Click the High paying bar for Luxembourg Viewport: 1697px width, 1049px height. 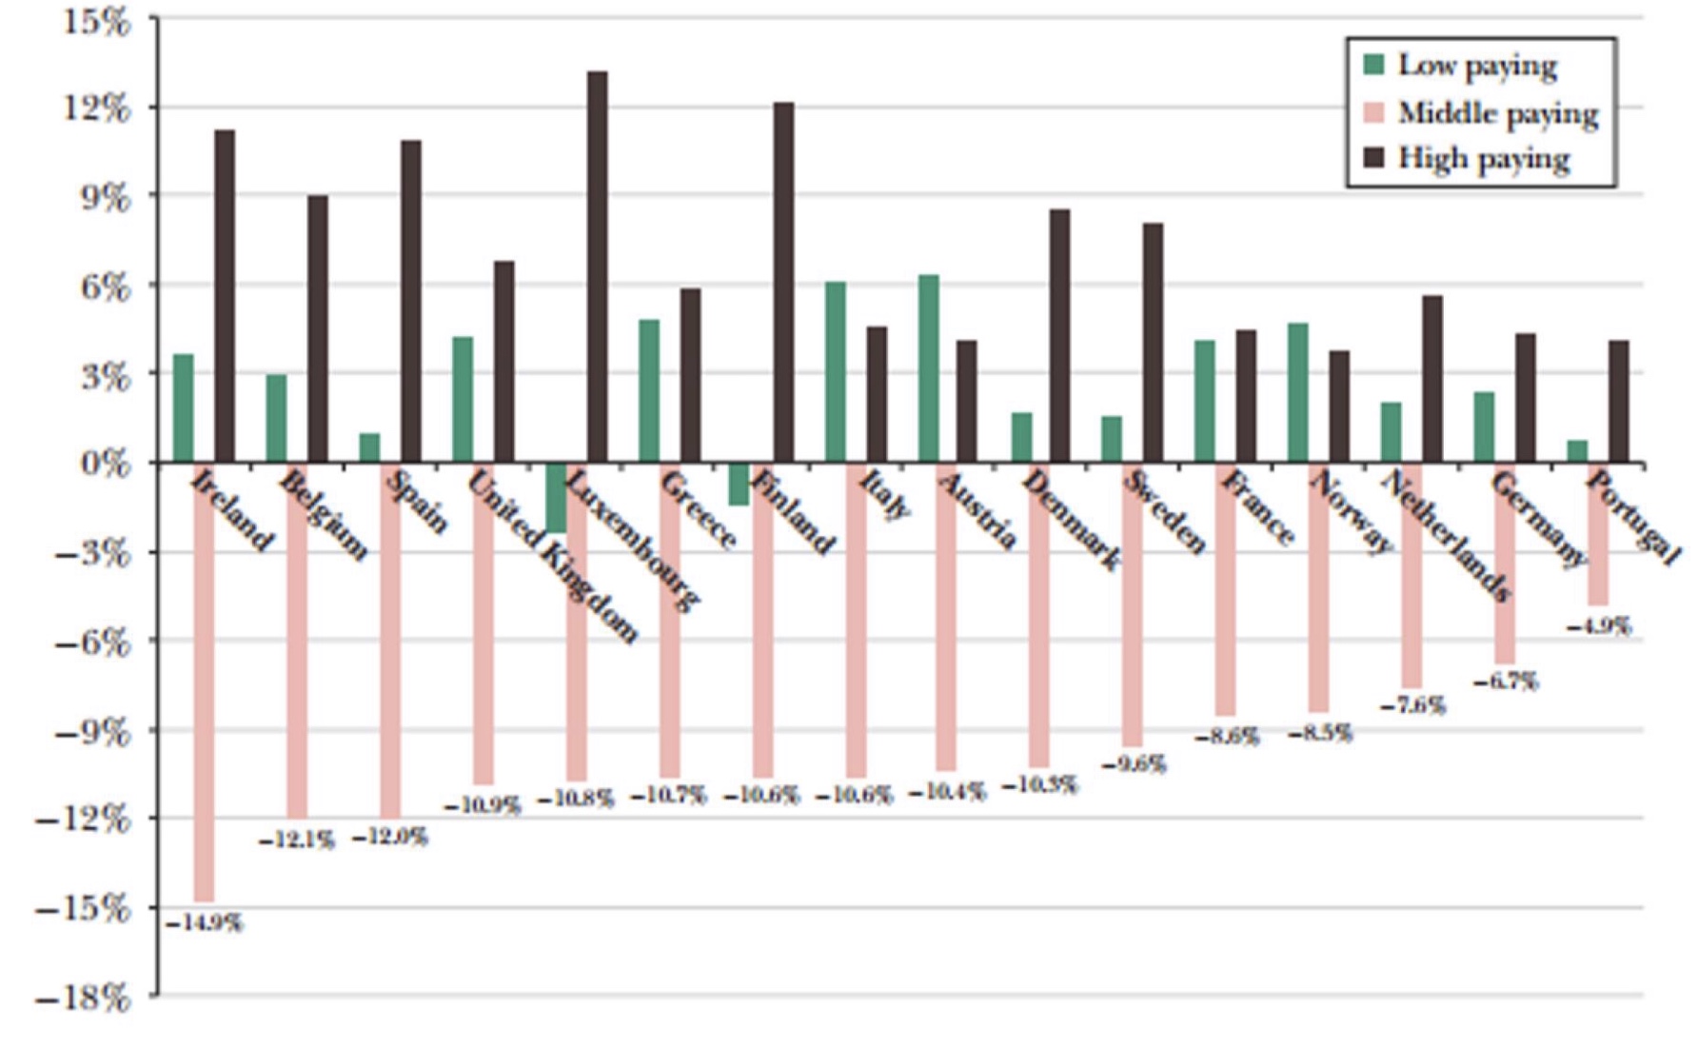coord(597,267)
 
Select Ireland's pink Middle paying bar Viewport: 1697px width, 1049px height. coord(204,681)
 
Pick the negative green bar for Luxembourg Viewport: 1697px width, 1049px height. coord(556,497)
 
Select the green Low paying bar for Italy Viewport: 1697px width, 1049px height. coord(835,372)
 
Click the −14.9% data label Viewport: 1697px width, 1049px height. coord(205,923)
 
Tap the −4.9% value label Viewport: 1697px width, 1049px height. coord(1599,626)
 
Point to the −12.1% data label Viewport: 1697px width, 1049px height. coord(297,841)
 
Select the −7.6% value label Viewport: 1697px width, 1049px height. coord(1412,705)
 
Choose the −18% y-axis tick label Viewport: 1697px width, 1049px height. coord(84,999)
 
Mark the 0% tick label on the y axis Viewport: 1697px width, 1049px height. coord(105,463)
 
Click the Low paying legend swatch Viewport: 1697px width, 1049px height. coord(1373,65)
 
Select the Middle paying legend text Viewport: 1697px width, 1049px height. coord(1498,113)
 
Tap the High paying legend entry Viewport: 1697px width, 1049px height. coord(1484,159)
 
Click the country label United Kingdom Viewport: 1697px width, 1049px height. coord(552,557)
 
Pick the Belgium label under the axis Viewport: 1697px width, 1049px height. coord(324,514)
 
